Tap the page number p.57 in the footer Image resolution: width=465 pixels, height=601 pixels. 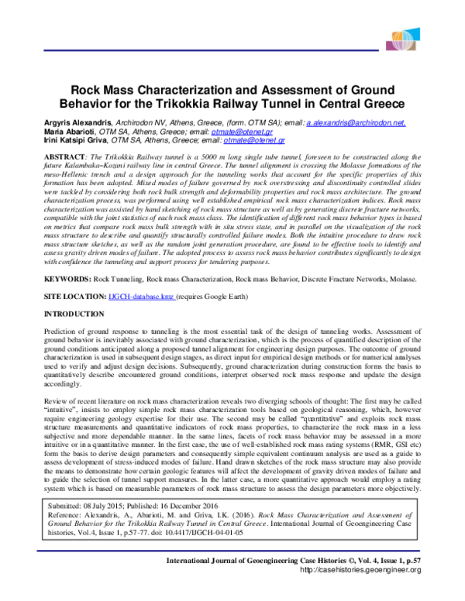pos(412,581)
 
